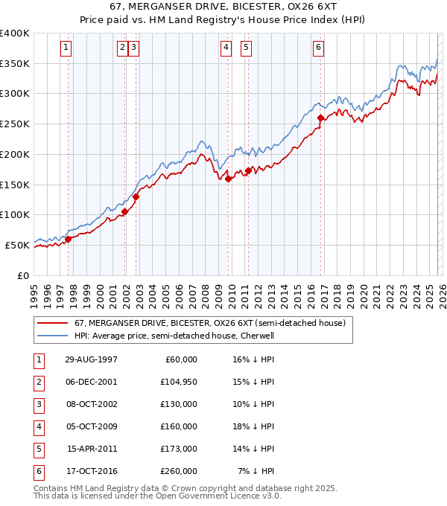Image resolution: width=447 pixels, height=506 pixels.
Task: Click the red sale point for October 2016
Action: [320, 118]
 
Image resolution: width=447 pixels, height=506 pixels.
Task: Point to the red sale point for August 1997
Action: [68, 239]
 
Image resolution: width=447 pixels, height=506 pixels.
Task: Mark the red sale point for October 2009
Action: [228, 178]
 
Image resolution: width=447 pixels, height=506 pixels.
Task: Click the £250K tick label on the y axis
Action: [15, 124]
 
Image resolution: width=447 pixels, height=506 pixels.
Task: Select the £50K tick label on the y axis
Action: [17, 245]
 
